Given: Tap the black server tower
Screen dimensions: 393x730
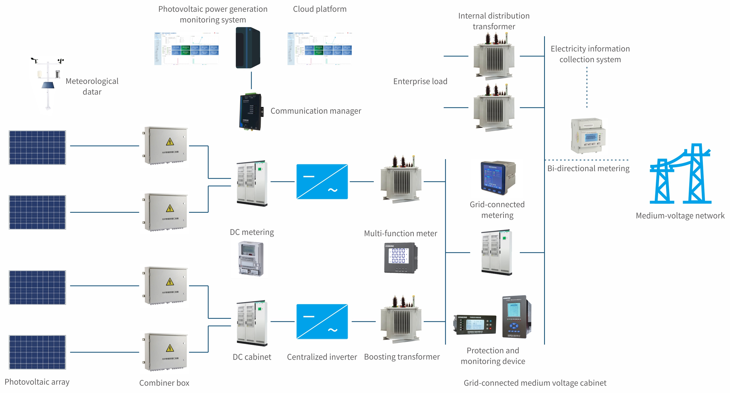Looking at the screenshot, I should pyautogui.click(x=248, y=48).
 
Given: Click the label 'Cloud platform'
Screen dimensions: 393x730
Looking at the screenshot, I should pyautogui.click(x=319, y=9).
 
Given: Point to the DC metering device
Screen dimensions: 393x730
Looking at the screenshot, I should pyautogui.click(x=251, y=259).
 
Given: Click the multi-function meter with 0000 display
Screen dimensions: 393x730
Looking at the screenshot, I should pyautogui.click(x=400, y=257).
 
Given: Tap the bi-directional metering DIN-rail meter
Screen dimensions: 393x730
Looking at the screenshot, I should pyautogui.click(x=588, y=136).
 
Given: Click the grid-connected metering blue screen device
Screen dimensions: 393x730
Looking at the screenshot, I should pyautogui.click(x=497, y=178).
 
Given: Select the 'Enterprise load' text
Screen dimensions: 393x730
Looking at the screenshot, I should pyautogui.click(x=420, y=81).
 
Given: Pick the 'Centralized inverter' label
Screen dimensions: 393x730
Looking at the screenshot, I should pyautogui.click(x=322, y=357).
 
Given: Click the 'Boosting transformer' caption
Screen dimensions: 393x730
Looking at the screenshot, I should pyautogui.click(x=402, y=356).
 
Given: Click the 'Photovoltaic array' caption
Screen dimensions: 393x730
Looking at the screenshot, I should pyautogui.click(x=37, y=382).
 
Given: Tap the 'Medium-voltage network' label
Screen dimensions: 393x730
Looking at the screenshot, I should pyautogui.click(x=680, y=216).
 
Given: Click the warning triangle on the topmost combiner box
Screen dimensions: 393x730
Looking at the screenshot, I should pyautogui.click(x=169, y=141).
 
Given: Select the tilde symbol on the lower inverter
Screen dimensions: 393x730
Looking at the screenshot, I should pyautogui.click(x=332, y=330).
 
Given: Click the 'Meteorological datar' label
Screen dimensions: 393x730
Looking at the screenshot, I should pyautogui.click(x=92, y=86).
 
